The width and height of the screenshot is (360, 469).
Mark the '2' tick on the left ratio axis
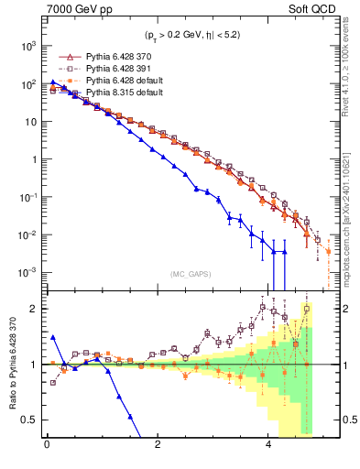coord(35,309)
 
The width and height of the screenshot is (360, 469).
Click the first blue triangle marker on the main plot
coord(53,82)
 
